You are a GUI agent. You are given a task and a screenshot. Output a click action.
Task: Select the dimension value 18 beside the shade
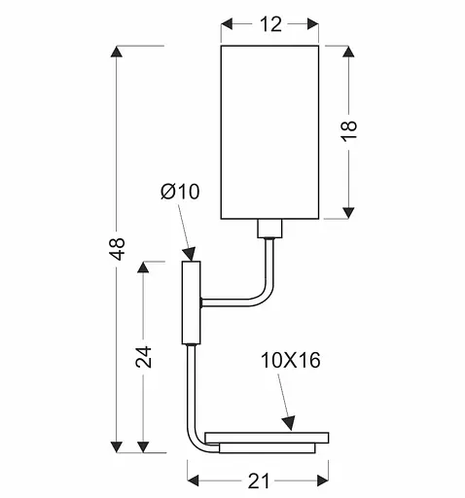click(x=350, y=131)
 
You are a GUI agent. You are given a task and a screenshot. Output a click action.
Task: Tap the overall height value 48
click(x=118, y=249)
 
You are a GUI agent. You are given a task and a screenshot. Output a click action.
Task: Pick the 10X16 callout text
click(x=290, y=362)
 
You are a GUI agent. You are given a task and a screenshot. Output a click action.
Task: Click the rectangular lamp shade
click(x=270, y=131)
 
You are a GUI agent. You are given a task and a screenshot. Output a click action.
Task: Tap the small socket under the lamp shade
click(x=268, y=231)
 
